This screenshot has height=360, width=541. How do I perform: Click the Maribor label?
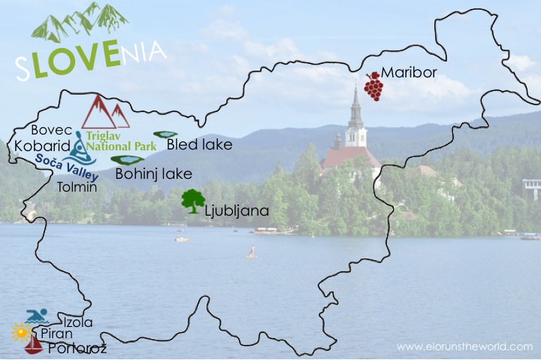coord(408,74)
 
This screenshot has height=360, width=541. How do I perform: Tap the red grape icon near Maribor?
coord(373,86)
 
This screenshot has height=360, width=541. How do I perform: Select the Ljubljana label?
coord(237,211)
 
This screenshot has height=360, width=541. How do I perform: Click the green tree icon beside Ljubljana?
coord(193,201)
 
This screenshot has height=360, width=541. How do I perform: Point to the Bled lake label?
coord(199,144)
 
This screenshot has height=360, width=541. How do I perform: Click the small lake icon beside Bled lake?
coord(165,135)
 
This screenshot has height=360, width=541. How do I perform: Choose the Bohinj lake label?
coord(154,174)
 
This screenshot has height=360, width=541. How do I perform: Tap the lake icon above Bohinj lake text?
coord(131,160)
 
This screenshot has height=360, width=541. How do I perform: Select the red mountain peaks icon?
coord(105,112)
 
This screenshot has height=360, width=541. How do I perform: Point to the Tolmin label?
coord(77,187)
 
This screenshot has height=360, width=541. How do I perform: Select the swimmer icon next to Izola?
coord(37,316)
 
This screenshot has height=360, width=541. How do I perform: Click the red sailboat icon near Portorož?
coord(33,346)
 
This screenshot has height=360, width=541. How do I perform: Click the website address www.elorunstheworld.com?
coord(464,346)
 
